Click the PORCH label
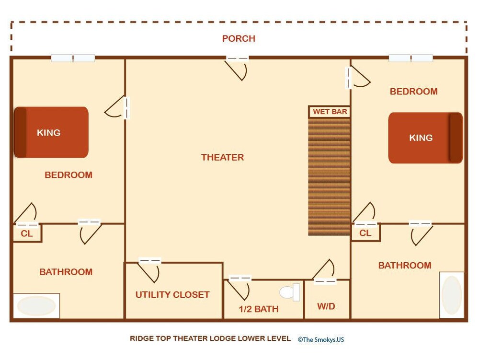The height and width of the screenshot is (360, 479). click(x=239, y=38)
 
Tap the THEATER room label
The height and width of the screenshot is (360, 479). click(x=222, y=157)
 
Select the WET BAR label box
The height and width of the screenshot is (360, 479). click(x=330, y=112)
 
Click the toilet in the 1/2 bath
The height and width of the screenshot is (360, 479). click(x=290, y=292)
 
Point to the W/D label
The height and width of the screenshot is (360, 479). click(x=326, y=306)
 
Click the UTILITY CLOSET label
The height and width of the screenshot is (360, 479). click(x=172, y=295)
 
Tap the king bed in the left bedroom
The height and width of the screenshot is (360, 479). click(x=51, y=132)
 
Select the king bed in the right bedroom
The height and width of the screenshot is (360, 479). click(x=425, y=138)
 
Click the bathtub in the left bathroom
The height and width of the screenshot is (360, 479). click(x=36, y=306)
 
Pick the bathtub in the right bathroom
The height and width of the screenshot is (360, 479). click(x=452, y=295)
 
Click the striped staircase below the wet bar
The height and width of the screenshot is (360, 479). click(x=329, y=177)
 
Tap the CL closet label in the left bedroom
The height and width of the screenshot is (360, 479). click(x=26, y=234)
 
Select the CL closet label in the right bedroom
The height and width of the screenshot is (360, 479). click(x=365, y=233)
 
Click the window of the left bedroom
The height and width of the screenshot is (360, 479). click(x=73, y=58)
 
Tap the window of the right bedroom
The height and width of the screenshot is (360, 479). click(x=411, y=58)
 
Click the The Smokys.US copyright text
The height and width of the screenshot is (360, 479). click(x=321, y=339)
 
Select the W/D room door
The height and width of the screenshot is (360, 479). click(x=324, y=272)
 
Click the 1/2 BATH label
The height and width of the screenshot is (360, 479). click(x=259, y=309)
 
